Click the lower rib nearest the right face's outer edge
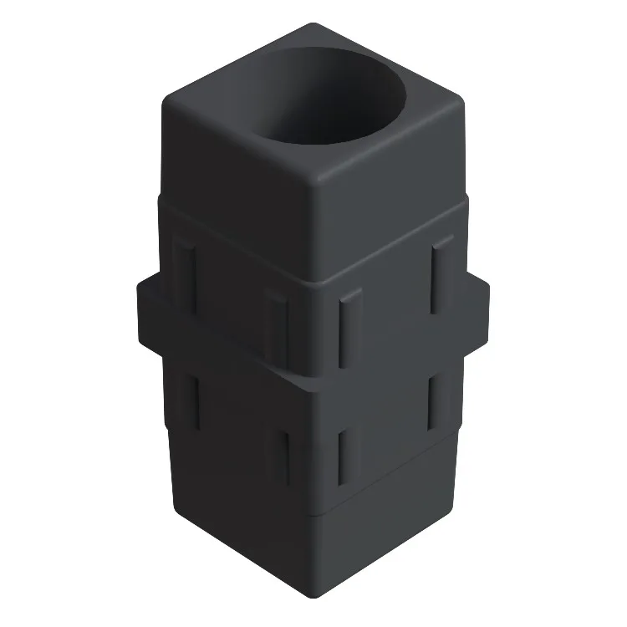[436, 404]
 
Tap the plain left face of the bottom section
[242, 535]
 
